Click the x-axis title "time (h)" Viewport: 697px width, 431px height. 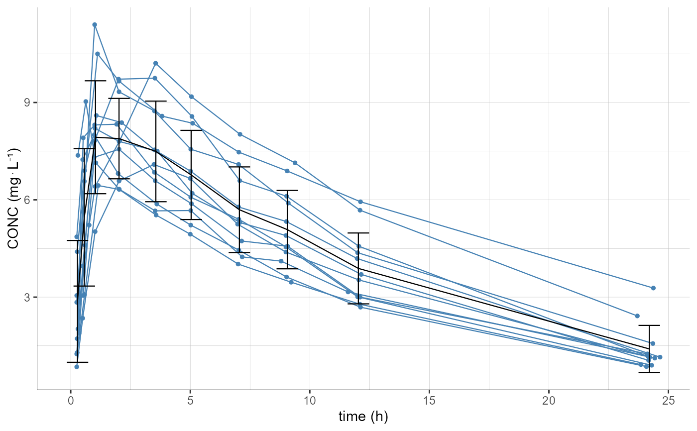(x=363, y=417)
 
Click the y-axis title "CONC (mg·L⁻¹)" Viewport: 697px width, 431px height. (x=13, y=199)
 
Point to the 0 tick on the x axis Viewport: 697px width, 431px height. (x=71, y=401)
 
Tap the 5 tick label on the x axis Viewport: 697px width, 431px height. (x=190, y=401)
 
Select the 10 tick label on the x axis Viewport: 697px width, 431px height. (x=310, y=401)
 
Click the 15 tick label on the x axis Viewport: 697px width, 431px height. (x=429, y=401)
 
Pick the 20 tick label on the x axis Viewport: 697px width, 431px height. (x=549, y=401)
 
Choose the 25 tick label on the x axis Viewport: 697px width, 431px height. (x=668, y=401)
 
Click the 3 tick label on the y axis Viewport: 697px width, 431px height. (x=28, y=297)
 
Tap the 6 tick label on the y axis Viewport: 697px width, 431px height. (x=28, y=200)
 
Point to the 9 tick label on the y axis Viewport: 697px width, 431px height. (x=28, y=103)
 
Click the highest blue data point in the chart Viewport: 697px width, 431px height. (x=95, y=24)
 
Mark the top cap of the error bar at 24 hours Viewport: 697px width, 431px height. (x=649, y=325)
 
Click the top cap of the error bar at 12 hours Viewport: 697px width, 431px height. (x=358, y=233)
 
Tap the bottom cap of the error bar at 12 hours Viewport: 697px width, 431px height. (x=358, y=304)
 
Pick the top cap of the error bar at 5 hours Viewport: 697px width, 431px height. (x=191, y=130)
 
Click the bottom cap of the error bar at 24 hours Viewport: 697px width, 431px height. (x=649, y=372)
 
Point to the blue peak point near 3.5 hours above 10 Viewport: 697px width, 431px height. (x=156, y=63)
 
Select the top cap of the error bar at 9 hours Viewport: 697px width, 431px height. (x=287, y=191)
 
